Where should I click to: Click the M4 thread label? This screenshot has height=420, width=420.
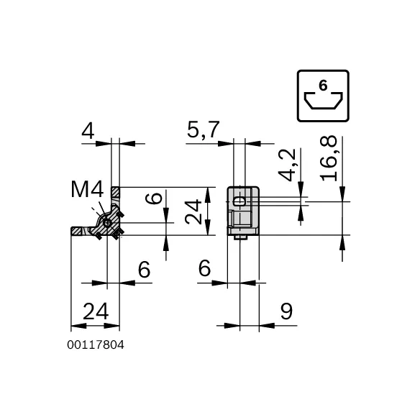[x=87, y=189]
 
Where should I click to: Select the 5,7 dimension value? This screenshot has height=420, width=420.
[x=204, y=129]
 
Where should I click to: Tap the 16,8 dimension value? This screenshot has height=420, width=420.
[x=329, y=158]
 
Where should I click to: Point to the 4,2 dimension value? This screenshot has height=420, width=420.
[x=287, y=165]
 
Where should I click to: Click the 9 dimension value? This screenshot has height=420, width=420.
[x=286, y=311]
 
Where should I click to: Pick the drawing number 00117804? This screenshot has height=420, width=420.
[x=96, y=345]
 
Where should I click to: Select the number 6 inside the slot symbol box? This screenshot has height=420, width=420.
[x=323, y=86]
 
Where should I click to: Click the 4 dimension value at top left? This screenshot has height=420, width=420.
[x=88, y=131]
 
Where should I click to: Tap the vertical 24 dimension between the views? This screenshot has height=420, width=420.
[x=193, y=211]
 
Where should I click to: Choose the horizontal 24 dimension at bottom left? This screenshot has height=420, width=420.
[x=96, y=311]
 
